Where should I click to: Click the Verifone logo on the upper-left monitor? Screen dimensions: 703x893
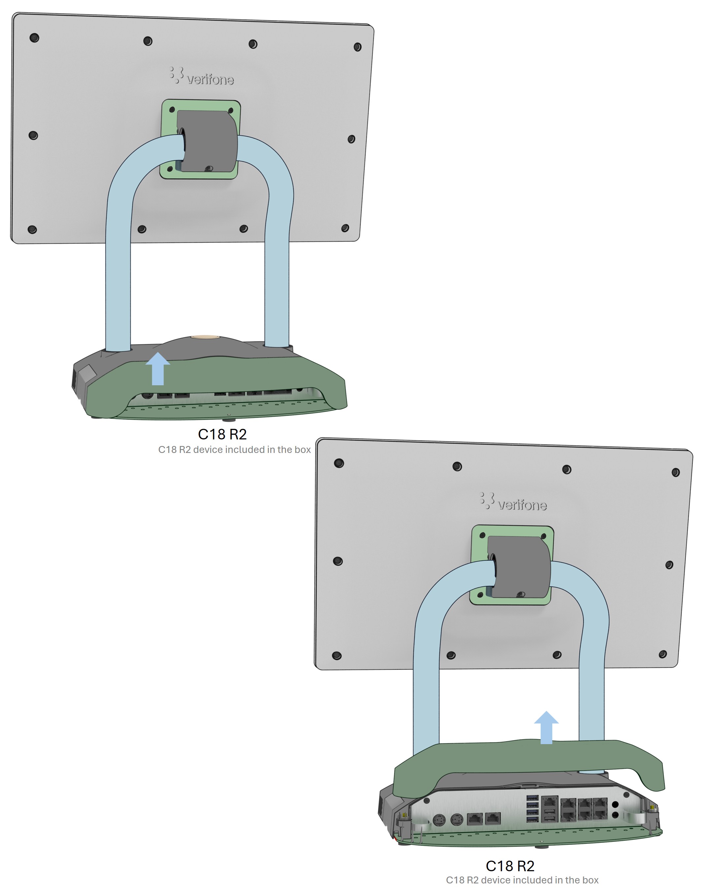pos(202,76)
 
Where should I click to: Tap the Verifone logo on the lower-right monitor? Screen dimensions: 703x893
pos(513,501)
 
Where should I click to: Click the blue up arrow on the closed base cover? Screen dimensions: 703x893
pos(158,369)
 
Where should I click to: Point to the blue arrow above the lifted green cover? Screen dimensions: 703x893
pos(546,727)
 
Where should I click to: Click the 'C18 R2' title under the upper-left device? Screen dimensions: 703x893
pos(222,434)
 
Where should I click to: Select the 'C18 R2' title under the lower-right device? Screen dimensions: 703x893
pos(510,866)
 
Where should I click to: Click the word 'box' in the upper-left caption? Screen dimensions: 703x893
pos(302,450)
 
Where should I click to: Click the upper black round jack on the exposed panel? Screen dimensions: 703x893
pos(616,805)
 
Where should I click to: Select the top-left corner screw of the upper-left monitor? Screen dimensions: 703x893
pos(35,38)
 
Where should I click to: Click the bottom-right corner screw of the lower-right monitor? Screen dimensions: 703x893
pos(663,654)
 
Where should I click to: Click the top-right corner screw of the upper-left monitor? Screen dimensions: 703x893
pos(358,47)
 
